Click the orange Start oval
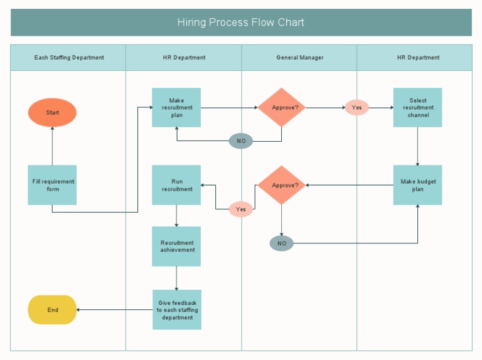click(x=52, y=113)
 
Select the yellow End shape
click(x=52, y=310)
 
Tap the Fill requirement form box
click(x=52, y=185)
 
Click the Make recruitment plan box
click(x=176, y=107)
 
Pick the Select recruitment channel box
click(x=417, y=107)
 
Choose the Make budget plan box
click(x=417, y=185)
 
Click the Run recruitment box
click(x=176, y=185)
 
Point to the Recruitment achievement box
click(x=176, y=246)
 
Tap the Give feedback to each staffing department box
click(x=177, y=310)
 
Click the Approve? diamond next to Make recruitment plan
click(x=281, y=107)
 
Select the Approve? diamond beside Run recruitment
click(x=281, y=185)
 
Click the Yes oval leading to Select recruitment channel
click(x=356, y=107)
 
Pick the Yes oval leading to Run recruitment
click(x=241, y=209)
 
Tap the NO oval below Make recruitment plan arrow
click(x=241, y=141)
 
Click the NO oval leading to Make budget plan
click(x=281, y=243)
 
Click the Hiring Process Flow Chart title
click(x=241, y=23)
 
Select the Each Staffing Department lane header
click(x=68, y=58)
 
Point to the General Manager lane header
click(x=299, y=58)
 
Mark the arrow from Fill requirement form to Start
click(x=52, y=146)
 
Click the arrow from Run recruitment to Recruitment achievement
click(x=176, y=216)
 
